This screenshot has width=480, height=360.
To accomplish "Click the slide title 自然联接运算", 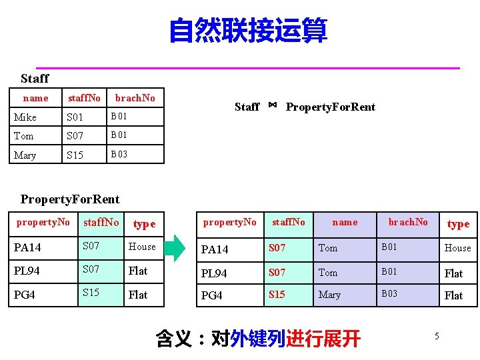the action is [248, 31].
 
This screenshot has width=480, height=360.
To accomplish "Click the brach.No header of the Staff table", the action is [135, 98].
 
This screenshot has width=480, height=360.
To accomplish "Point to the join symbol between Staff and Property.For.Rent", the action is [273, 105].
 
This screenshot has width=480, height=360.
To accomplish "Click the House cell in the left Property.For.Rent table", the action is [142, 247].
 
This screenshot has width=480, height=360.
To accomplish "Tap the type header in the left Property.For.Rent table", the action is [144, 224].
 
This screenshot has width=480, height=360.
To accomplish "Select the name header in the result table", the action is [345, 222].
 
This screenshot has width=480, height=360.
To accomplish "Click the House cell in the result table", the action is [457, 248].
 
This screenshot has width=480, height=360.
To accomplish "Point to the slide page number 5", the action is [437, 336].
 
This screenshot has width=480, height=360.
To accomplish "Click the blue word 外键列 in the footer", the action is [257, 339].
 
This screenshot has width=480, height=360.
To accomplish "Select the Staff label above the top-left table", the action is [35, 79].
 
